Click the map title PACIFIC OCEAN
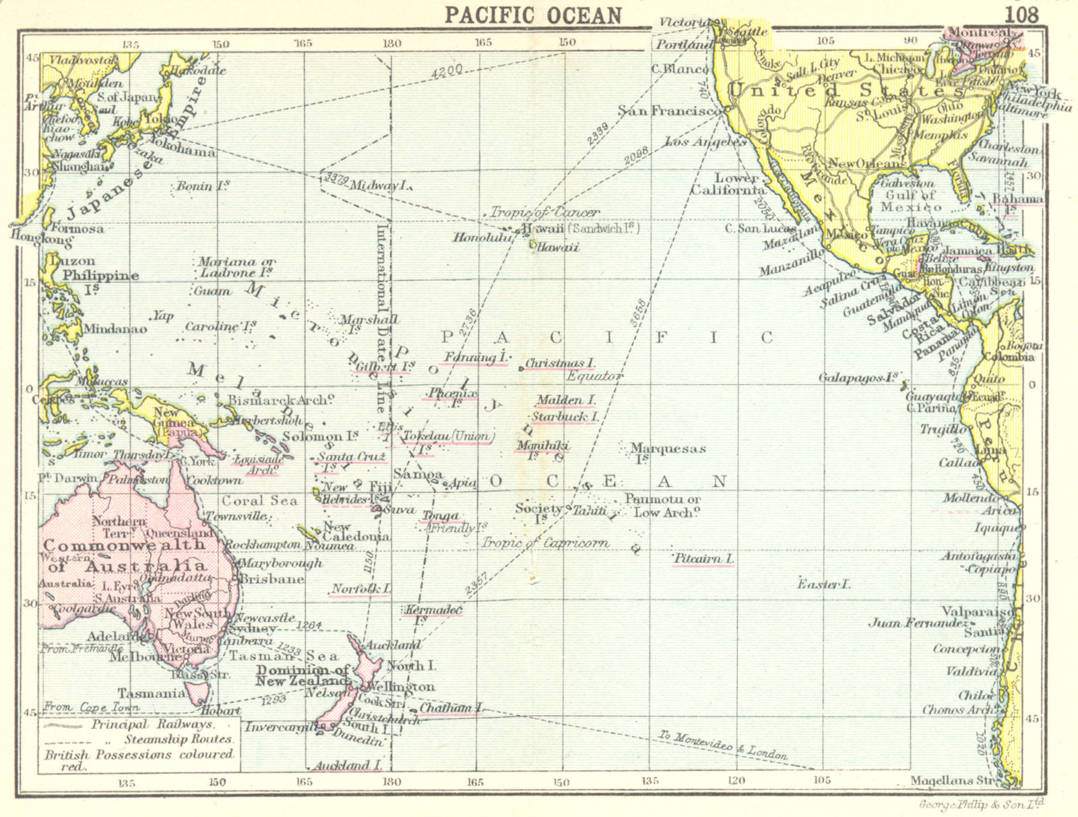point(532,15)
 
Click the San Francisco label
point(666,111)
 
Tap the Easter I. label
point(823,584)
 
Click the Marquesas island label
point(667,449)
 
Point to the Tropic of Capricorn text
point(545,543)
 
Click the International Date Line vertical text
point(381,317)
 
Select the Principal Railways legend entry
point(152,725)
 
